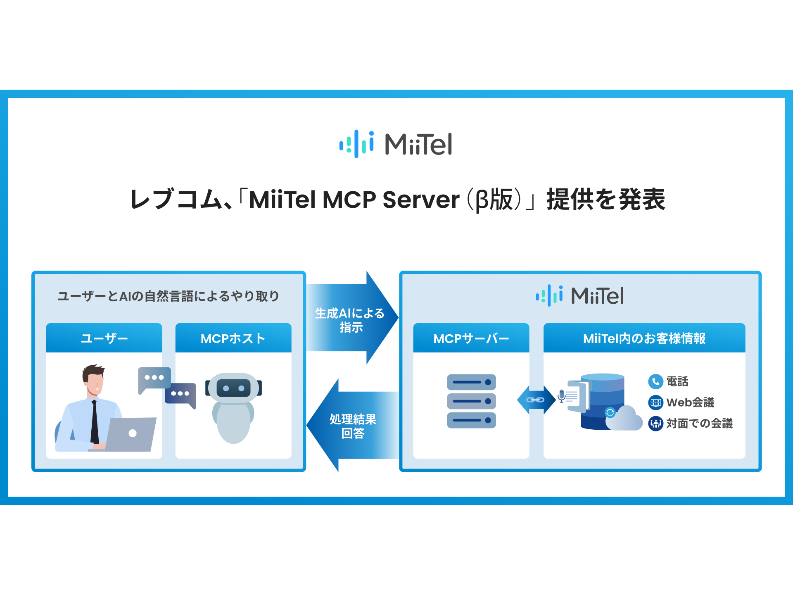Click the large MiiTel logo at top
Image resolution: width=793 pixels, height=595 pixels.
(396, 144)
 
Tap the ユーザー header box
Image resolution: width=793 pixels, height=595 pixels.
(104, 338)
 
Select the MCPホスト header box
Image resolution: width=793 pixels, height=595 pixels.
(233, 338)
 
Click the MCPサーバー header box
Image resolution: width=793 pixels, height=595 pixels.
(471, 338)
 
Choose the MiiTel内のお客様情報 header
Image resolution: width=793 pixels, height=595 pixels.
(644, 338)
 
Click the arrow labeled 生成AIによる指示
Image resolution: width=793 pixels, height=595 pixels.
(351, 318)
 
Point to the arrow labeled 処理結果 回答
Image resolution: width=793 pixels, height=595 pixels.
(351, 426)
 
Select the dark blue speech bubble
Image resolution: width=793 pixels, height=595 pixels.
(180, 394)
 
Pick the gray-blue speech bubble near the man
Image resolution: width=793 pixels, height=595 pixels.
(154, 378)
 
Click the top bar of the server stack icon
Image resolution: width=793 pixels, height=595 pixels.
(471, 382)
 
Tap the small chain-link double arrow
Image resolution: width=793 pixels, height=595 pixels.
(536, 400)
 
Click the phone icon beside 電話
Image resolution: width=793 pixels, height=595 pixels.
(655, 381)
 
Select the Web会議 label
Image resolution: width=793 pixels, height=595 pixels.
(690, 402)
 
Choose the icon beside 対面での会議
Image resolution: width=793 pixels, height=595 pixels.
(655, 424)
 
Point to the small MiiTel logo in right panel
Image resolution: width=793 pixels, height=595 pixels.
(579, 295)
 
